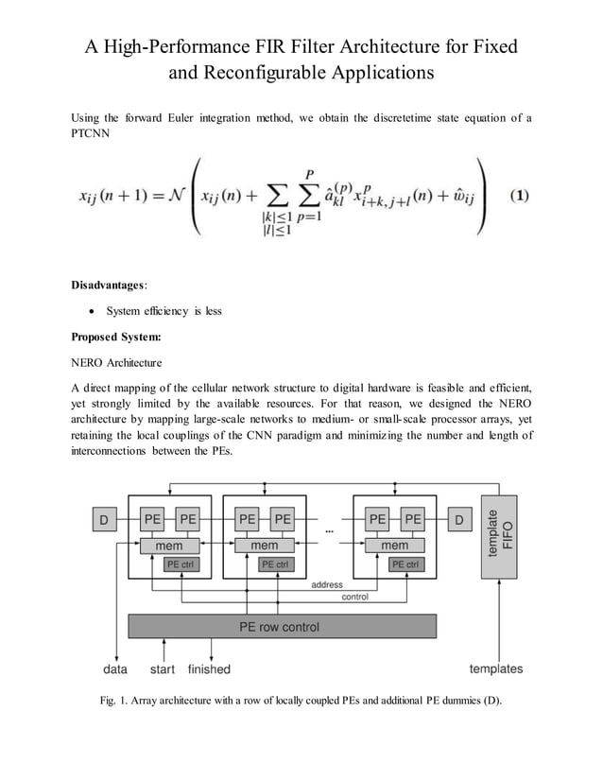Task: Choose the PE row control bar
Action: coord(282,626)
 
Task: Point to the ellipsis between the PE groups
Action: coord(329,532)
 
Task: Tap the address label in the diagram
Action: coord(327,585)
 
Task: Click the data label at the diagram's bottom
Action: coord(115,668)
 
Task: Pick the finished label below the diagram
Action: coord(209,668)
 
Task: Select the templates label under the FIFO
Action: coord(496,668)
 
